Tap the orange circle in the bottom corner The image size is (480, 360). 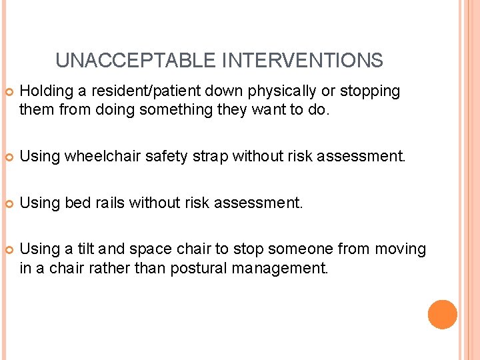[442, 315]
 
